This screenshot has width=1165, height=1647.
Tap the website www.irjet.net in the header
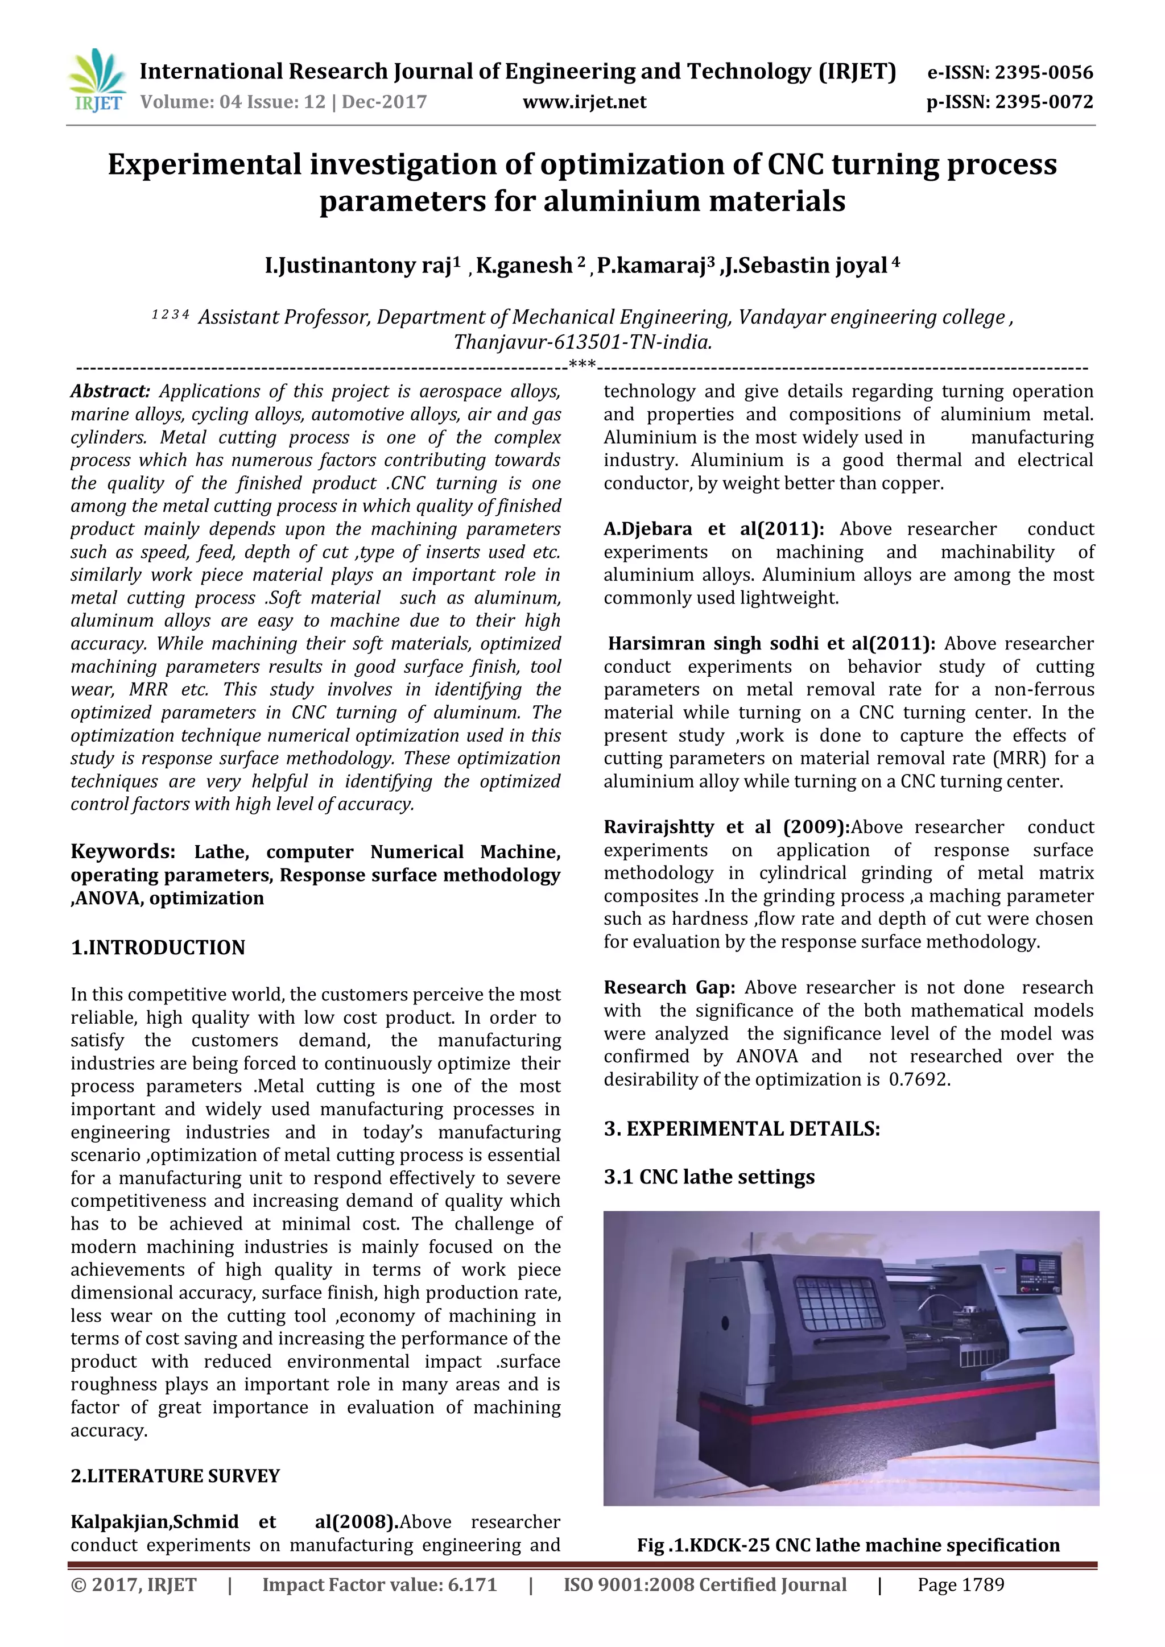coord(584,102)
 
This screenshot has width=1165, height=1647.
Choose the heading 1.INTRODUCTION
coord(158,947)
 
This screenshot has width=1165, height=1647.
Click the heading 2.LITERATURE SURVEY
coord(175,1476)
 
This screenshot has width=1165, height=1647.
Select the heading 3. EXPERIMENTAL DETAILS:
coord(742,1129)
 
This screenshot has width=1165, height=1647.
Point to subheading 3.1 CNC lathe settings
coord(709,1177)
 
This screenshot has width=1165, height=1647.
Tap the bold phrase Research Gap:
coord(668,988)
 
